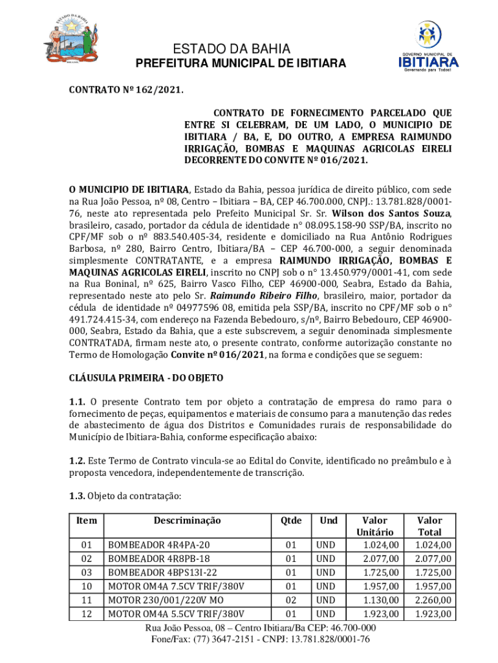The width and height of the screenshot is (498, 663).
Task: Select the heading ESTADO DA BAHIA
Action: (239, 49)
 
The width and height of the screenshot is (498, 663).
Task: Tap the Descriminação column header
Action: (187, 520)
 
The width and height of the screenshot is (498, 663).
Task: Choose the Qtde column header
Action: (290, 520)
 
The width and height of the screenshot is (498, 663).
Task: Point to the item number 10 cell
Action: (86, 586)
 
